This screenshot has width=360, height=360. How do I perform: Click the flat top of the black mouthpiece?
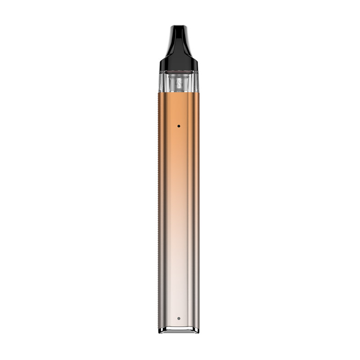(178, 27)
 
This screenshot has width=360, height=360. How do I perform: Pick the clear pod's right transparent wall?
(196, 82)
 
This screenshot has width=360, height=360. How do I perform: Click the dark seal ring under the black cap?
(178, 72)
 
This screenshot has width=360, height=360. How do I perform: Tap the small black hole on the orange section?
(179, 126)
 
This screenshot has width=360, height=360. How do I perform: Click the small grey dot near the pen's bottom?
(179, 318)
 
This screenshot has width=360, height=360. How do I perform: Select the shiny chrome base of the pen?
(178, 330)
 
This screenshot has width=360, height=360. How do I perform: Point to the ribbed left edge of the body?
(159, 202)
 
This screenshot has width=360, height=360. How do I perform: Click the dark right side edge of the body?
(197, 202)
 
